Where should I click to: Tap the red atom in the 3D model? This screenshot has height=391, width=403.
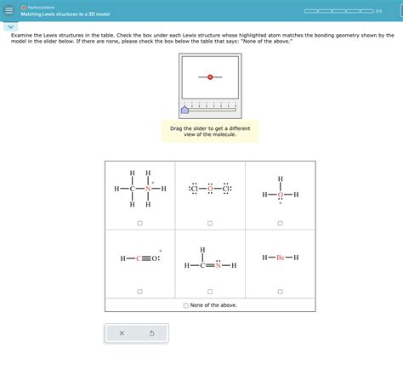tap(210, 76)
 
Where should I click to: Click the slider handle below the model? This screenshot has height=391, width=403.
tap(185, 110)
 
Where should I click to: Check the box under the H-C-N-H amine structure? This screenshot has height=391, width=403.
tap(139, 223)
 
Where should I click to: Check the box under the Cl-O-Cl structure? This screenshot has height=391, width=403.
tap(210, 223)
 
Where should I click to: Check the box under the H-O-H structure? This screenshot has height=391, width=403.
tap(280, 223)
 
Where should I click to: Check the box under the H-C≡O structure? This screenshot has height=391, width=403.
tap(139, 292)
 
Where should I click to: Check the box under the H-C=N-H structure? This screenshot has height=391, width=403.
tap(210, 292)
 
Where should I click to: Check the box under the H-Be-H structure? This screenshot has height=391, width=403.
tap(280, 292)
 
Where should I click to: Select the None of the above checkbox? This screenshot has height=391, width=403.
tap(186, 305)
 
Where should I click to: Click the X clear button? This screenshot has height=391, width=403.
tap(122, 333)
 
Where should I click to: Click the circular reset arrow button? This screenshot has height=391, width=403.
tap(151, 333)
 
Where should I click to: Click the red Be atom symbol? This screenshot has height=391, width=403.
tap(280, 257)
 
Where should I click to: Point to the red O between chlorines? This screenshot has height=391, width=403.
tap(210, 188)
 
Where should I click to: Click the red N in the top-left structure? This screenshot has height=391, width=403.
tap(148, 188)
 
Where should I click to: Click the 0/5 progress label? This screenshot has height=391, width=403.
tap(378, 12)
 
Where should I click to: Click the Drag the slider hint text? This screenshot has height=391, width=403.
tap(210, 131)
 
